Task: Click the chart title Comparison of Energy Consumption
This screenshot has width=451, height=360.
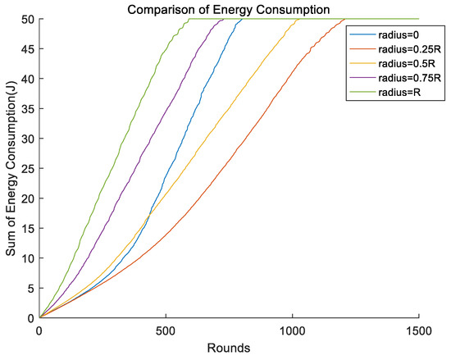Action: point(229,8)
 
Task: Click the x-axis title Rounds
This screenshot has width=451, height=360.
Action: point(229,348)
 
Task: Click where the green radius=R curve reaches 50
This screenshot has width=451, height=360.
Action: point(189,19)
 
